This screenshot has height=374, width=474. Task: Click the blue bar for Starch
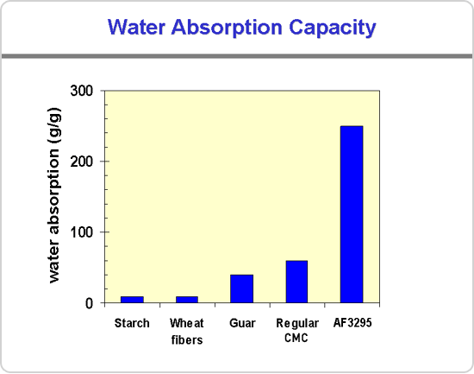tap(132, 300)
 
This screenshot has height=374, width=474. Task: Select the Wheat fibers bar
tap(187, 300)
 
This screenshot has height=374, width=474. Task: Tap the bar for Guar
tap(242, 288)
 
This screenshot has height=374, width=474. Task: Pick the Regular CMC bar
tap(296, 282)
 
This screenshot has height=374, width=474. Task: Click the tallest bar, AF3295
tap(352, 214)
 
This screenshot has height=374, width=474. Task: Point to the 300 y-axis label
tap(82, 91)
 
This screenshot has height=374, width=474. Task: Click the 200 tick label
tap(82, 162)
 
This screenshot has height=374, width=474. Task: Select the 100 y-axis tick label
tap(82, 232)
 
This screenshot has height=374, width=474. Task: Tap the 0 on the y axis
tap(89, 303)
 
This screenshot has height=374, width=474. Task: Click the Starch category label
tap(132, 323)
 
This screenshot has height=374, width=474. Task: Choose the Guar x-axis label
tap(242, 323)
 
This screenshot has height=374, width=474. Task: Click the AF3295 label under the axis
tap(352, 323)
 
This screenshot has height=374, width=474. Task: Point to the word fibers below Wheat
tap(187, 339)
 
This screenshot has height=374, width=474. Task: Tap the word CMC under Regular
tap(296, 338)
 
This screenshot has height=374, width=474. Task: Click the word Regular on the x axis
tap(297, 324)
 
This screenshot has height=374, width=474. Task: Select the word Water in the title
tap(136, 27)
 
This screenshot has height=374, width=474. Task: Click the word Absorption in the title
tap(227, 28)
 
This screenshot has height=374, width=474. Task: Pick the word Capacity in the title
tap(332, 29)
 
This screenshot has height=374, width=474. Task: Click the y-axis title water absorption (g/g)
tap(54, 195)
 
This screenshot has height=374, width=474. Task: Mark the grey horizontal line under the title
tap(237, 56)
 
